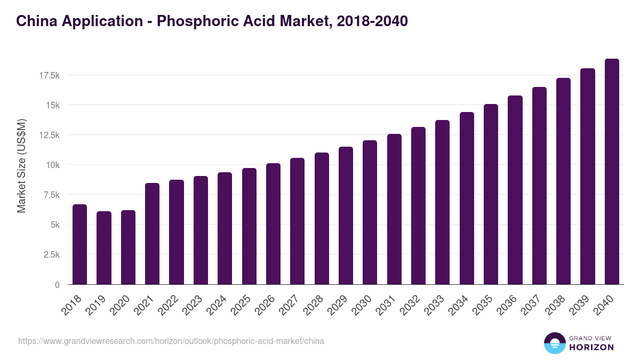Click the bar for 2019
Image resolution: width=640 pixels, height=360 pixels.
[x=104, y=248]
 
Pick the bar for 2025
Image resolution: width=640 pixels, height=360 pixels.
[x=249, y=226]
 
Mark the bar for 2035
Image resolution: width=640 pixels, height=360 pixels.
[x=491, y=194]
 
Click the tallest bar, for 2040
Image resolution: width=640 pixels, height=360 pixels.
[x=612, y=172]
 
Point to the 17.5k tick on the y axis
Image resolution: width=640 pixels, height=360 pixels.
[x=49, y=75]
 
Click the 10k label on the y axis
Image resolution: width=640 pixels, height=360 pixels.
[x=52, y=165]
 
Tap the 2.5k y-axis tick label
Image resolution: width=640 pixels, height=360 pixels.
[x=51, y=255]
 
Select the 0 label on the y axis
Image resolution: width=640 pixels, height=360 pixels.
[x=57, y=285]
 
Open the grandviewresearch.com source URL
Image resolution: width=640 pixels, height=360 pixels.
[x=171, y=341]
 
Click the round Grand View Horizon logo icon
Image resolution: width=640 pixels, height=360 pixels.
[x=555, y=343]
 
